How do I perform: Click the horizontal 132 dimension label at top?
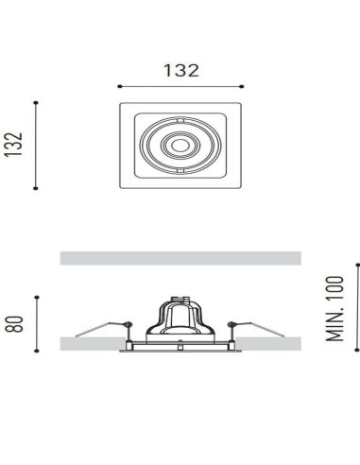point(180,70)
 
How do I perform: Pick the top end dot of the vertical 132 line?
point(36,101)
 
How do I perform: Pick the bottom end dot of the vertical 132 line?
point(36,188)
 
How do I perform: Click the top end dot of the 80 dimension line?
point(36,296)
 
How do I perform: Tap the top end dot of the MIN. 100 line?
point(356,264)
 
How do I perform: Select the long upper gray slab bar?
point(180,258)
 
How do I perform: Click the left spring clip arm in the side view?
point(99,329)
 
